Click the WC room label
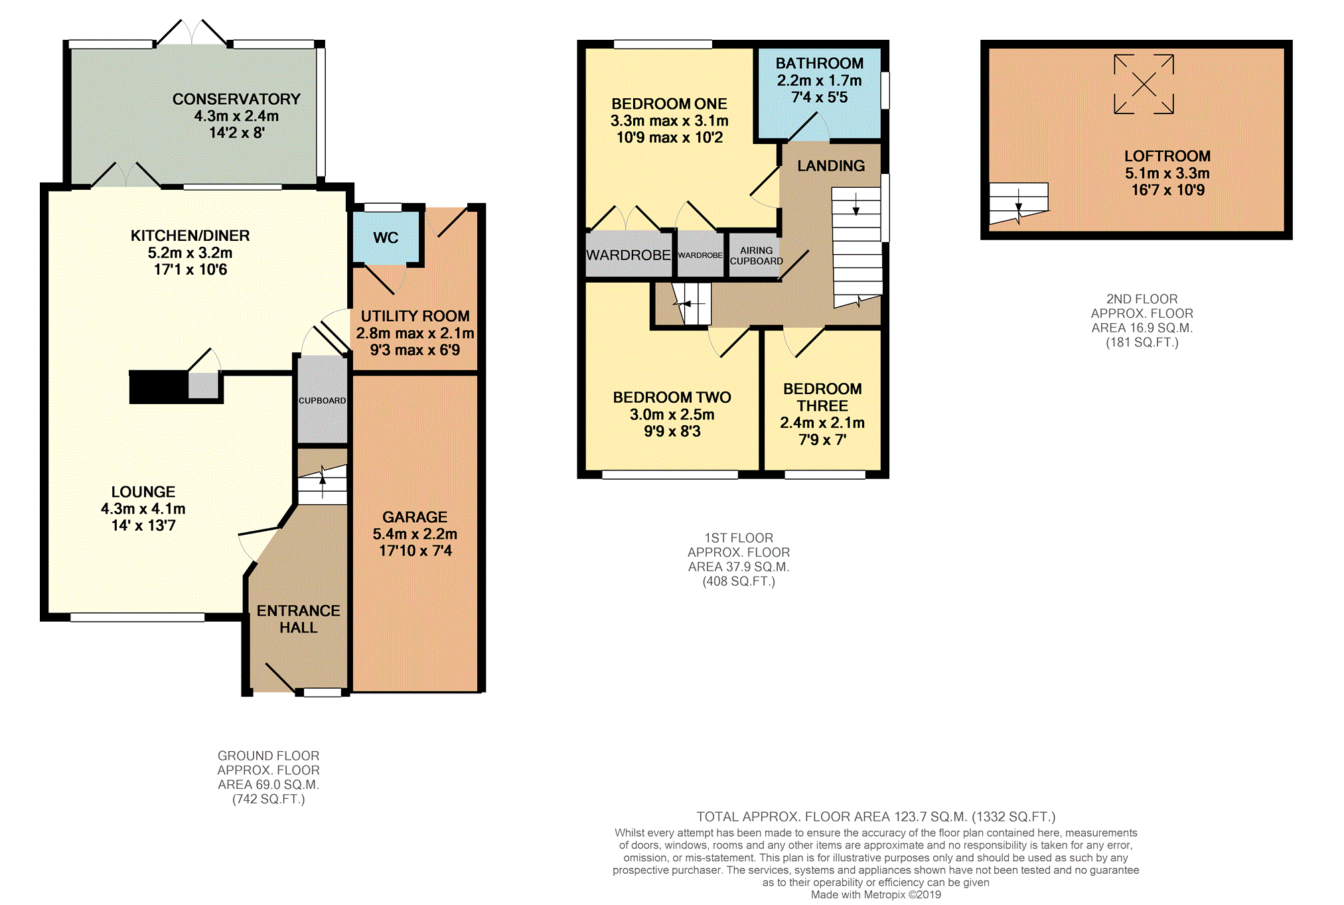(x=386, y=238)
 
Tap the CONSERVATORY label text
(x=236, y=99)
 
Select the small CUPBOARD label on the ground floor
(x=322, y=401)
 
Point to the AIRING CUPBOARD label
(x=756, y=255)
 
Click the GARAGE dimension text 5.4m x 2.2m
(x=415, y=533)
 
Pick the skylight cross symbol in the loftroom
(x=1144, y=84)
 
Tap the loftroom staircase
(x=1019, y=204)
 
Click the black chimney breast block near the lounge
(x=159, y=387)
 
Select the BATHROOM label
(x=820, y=63)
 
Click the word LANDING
(x=831, y=166)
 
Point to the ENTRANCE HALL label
(x=299, y=619)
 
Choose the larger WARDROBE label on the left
(x=628, y=255)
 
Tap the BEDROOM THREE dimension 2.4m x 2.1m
(x=822, y=423)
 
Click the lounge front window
(x=137, y=617)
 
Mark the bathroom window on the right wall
(x=885, y=90)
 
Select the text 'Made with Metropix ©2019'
(x=876, y=894)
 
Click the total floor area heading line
(x=876, y=817)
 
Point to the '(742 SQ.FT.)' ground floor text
(x=269, y=800)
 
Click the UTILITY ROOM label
(x=415, y=316)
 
